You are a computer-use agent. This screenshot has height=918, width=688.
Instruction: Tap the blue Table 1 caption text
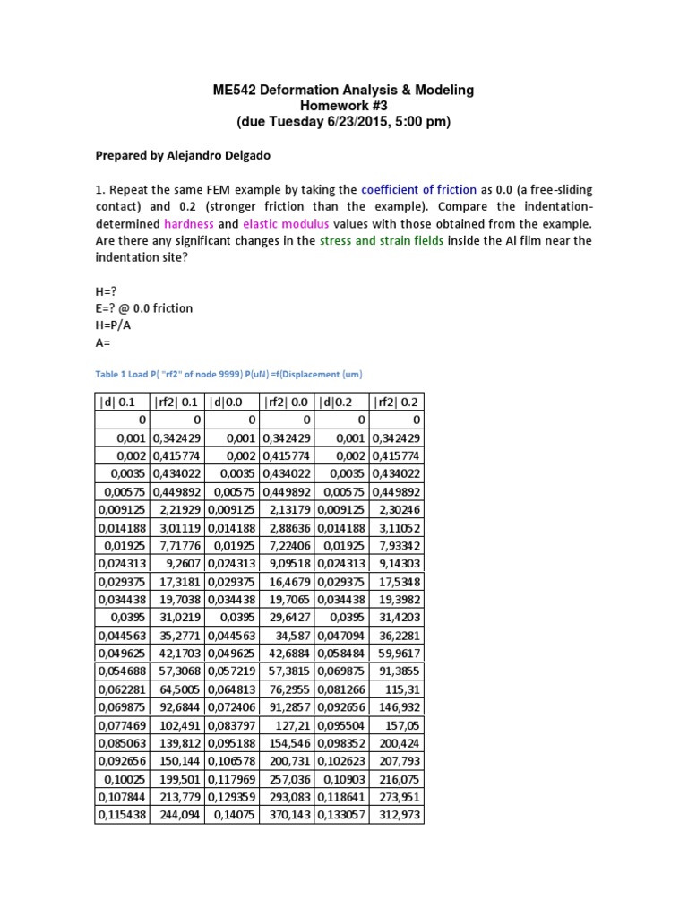pyautogui.click(x=228, y=373)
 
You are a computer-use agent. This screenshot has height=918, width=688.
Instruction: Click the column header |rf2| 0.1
pyautogui.click(x=178, y=401)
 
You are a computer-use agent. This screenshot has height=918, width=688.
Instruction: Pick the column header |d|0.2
pyautogui.click(x=340, y=401)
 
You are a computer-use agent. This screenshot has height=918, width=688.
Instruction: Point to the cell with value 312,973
pyautogui.click(x=399, y=815)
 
